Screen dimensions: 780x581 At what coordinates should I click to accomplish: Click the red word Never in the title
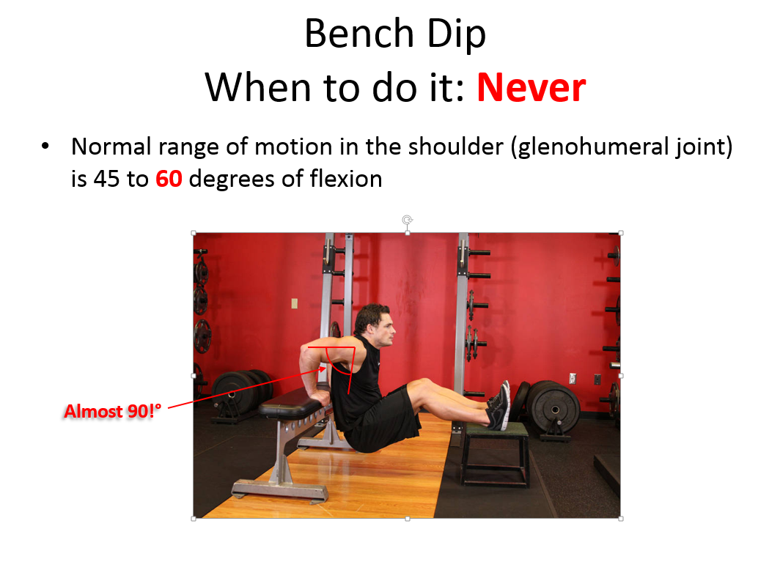531,88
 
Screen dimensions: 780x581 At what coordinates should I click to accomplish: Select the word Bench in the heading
359,34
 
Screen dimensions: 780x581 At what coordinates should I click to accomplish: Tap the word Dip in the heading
456,34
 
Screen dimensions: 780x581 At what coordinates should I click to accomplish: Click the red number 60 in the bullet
169,179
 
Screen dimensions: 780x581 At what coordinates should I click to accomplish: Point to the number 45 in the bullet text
106,179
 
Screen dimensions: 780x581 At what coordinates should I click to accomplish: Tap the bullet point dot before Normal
45,146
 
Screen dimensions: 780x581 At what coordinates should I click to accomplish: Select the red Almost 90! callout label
112,412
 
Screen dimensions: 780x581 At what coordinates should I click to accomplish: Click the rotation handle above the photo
408,220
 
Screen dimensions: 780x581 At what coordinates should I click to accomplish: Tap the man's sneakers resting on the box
499,405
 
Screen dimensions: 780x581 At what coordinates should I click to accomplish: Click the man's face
383,329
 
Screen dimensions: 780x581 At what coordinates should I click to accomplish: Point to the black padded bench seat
290,401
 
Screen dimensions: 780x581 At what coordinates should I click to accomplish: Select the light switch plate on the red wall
295,303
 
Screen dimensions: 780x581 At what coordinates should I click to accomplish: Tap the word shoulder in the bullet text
456,147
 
